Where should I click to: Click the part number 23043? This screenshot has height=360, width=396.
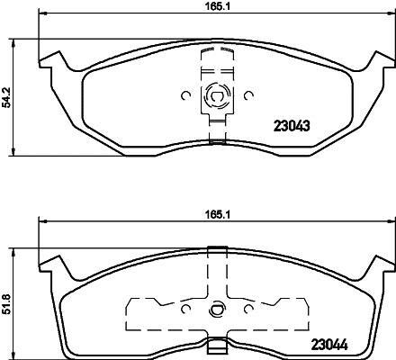[292, 126]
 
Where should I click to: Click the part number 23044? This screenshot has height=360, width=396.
[329, 345]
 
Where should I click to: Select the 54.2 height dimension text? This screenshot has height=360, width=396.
[6, 97]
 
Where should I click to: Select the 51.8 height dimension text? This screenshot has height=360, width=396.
[6, 304]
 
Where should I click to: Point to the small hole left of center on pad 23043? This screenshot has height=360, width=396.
[186, 95]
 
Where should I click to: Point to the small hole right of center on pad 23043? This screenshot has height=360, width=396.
[248, 95]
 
